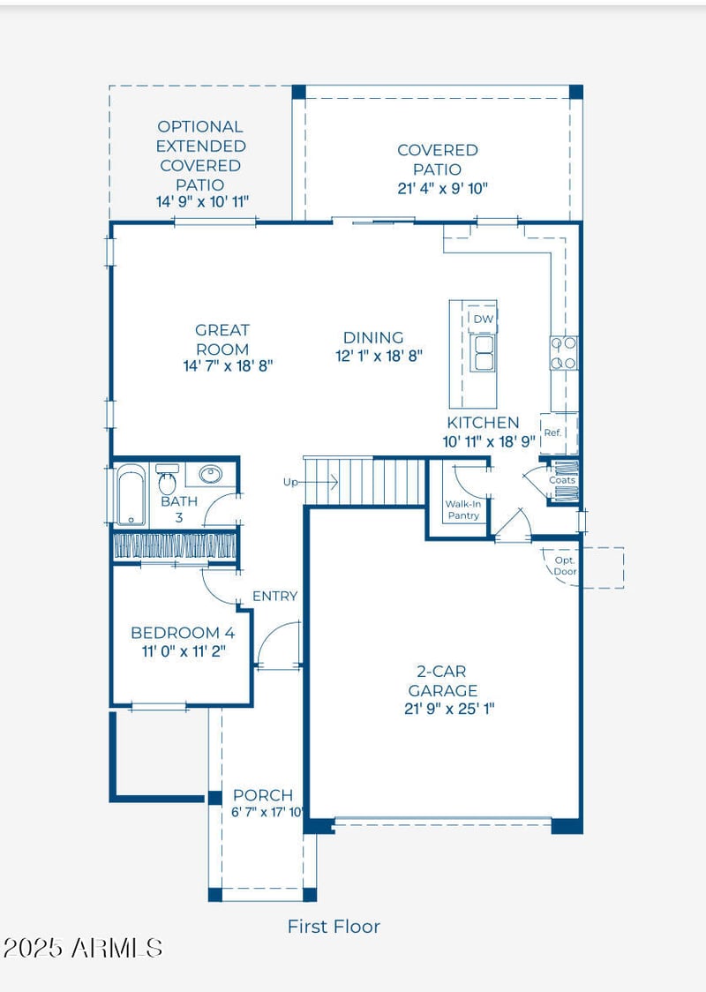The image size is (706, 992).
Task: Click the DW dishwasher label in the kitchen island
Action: (484, 319)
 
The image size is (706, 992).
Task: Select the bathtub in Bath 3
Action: (131, 495)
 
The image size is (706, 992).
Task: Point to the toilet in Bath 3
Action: (167, 480)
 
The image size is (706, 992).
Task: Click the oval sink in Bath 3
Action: (210, 474)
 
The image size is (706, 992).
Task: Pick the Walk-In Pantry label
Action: (463, 510)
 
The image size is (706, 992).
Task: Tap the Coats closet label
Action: (562, 480)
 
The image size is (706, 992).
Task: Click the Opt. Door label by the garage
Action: (565, 566)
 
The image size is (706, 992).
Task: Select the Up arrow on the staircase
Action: (311, 483)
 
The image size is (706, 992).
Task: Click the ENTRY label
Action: (274, 596)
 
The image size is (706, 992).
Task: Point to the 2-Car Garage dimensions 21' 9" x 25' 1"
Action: (449, 709)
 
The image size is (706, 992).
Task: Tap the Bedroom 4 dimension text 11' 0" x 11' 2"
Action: (184, 651)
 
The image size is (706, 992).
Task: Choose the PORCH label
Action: (263, 795)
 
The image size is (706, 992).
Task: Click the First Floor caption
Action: (334, 927)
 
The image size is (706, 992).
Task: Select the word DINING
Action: (373, 338)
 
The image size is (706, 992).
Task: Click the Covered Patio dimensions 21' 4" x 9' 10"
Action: (443, 188)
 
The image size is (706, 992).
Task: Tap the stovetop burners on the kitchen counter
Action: (563, 353)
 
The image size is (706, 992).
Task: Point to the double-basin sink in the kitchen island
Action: (484, 353)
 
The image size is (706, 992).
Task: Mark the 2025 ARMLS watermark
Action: (83, 948)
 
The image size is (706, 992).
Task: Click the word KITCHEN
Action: (483, 423)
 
